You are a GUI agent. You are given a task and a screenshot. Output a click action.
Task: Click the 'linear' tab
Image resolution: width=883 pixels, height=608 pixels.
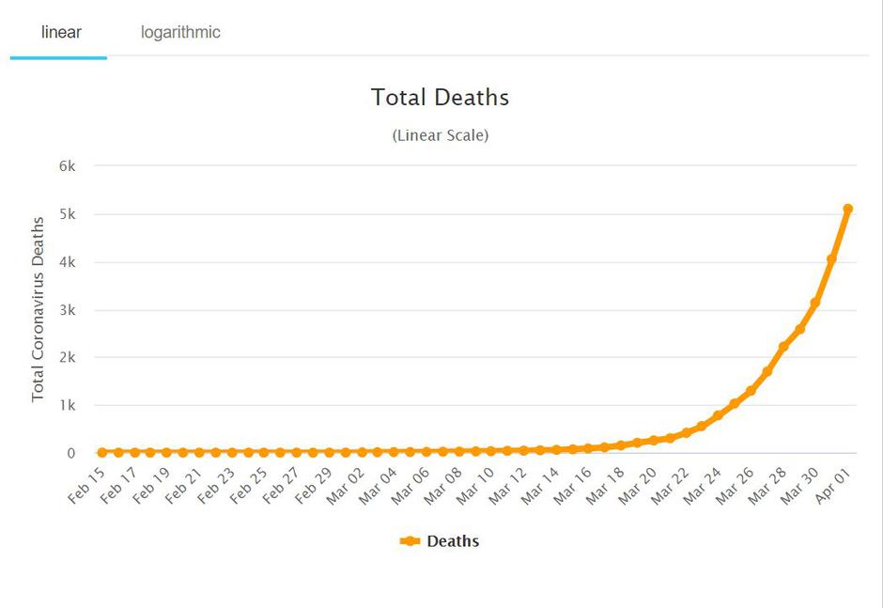click(61, 32)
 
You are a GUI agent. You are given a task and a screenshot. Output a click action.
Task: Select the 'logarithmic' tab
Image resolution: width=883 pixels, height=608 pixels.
click(180, 32)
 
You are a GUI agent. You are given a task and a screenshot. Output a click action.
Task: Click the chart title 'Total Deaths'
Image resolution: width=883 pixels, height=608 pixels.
click(440, 97)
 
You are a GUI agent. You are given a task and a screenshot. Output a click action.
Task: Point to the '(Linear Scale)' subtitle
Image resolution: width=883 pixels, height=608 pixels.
click(440, 135)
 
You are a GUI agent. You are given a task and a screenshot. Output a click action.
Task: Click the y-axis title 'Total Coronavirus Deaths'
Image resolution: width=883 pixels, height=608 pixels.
click(38, 309)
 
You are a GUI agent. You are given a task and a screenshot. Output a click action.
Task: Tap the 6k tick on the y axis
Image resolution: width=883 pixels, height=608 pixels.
click(66, 166)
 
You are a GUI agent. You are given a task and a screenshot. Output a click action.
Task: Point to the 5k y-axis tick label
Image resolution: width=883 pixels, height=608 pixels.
click(66, 214)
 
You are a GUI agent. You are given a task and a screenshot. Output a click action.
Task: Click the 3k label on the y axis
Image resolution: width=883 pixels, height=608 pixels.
click(66, 310)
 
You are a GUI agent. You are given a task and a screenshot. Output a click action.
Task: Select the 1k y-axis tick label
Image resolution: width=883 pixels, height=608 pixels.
click(66, 406)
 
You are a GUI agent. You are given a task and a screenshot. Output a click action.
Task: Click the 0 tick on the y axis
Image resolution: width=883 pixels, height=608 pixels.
click(70, 454)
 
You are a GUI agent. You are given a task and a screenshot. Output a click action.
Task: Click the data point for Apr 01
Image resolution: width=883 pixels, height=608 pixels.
click(847, 209)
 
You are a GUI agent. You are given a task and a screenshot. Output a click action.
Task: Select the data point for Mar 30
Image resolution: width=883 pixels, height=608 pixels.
click(815, 303)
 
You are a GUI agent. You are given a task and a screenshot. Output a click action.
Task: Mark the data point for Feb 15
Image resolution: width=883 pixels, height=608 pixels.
click(101, 453)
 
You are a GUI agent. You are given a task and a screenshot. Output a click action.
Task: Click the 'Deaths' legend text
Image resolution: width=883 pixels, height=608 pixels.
click(453, 541)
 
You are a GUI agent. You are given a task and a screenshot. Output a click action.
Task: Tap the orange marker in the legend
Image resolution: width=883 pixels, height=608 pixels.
click(410, 541)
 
